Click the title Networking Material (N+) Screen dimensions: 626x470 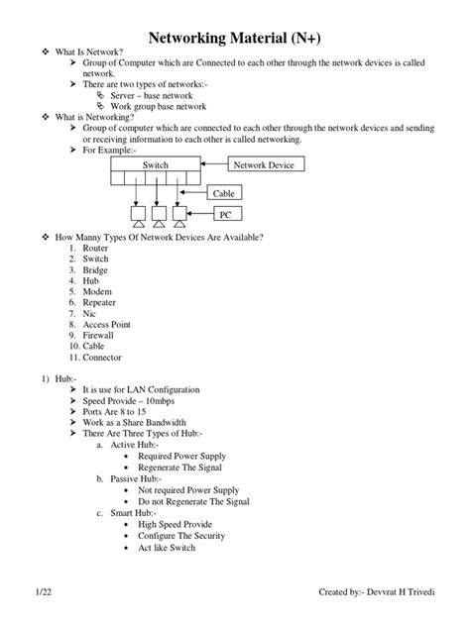[x=234, y=38]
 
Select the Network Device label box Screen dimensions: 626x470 [x=263, y=165]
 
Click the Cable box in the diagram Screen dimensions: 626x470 [x=224, y=194]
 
